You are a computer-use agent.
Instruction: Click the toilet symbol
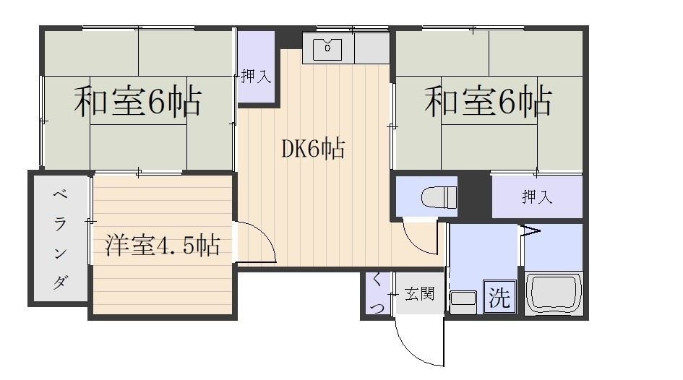tap(439, 198)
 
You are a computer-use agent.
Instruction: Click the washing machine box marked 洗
tap(499, 297)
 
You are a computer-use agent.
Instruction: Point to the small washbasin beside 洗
tap(463, 301)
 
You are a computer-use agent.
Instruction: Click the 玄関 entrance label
tap(419, 294)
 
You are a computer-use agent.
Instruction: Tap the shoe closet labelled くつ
tap(377, 294)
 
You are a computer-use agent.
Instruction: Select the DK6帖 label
tap(313, 148)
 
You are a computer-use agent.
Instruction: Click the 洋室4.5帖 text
tap(162, 245)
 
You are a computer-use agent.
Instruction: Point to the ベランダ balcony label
tap(60, 239)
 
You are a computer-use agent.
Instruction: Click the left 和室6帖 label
tap(137, 101)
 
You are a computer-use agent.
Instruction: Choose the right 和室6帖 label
tap(489, 101)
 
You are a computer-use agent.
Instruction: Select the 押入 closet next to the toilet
tap(537, 197)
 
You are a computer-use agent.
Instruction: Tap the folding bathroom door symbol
tap(528, 231)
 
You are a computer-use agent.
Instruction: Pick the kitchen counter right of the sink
tap(371, 48)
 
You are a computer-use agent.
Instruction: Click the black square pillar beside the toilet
tap(474, 194)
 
